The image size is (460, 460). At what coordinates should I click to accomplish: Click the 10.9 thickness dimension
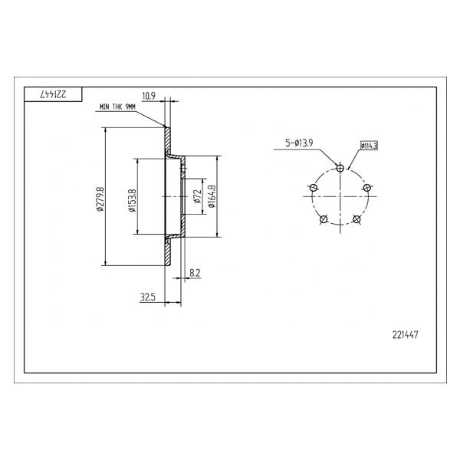tap(149, 96)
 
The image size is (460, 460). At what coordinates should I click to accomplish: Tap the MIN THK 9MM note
tap(117, 107)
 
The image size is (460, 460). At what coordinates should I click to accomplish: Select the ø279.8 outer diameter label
tap(100, 199)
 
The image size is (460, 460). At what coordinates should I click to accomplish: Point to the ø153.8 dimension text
tap(132, 200)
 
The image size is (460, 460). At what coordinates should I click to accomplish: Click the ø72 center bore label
tap(197, 196)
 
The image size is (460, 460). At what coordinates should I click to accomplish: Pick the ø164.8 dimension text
tap(212, 196)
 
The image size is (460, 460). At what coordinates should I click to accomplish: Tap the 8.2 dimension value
tap(195, 273)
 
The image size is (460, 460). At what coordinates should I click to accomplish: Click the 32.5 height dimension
tap(148, 297)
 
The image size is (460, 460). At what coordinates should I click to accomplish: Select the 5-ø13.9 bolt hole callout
tap(299, 143)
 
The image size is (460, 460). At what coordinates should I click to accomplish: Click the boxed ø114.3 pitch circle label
tap(369, 146)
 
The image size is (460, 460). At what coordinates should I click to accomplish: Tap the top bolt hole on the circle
tap(340, 168)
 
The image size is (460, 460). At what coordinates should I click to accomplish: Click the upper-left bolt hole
tap(314, 188)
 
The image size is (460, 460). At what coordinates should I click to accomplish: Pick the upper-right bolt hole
tap(366, 188)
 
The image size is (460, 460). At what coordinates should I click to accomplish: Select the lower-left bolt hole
tap(324, 219)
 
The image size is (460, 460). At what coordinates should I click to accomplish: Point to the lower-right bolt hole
tap(356, 219)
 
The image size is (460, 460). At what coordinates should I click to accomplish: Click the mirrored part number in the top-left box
tap(53, 94)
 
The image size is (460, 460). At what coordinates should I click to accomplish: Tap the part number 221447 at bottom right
tap(405, 335)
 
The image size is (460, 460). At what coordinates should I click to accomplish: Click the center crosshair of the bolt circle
tap(340, 196)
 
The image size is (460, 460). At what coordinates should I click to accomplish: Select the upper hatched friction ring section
tap(167, 140)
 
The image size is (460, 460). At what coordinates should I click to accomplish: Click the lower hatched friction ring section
tap(167, 251)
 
